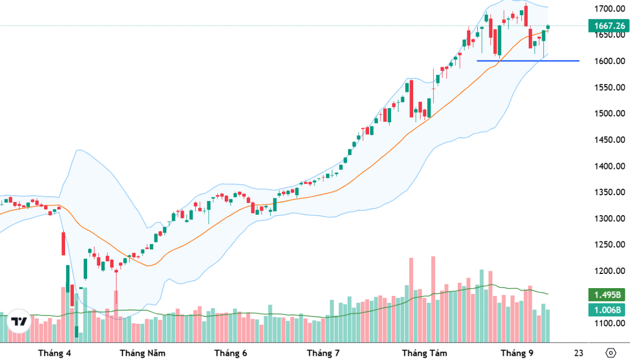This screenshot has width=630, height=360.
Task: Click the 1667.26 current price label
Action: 608,25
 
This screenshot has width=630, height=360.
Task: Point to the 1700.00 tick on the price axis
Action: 609,9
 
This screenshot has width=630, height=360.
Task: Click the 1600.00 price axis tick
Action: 609,61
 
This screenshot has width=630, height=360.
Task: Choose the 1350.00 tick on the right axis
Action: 609,193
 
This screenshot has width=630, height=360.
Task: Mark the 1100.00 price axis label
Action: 609,323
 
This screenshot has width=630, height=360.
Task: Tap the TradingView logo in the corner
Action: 20,322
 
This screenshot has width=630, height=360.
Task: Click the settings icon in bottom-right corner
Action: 610,353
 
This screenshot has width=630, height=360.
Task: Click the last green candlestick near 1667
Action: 548,27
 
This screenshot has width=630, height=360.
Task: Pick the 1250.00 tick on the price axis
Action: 609,245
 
